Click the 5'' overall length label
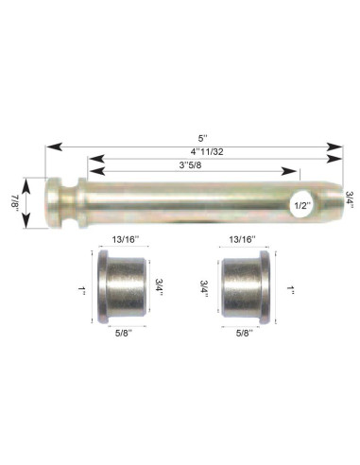tap(203, 138)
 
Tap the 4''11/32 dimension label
tap(207, 152)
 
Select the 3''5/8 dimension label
tap(190, 165)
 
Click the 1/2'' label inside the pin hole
tap(302, 206)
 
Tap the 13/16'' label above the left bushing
tap(126, 240)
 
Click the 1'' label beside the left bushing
tap(82, 290)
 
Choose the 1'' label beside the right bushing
tap(290, 290)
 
